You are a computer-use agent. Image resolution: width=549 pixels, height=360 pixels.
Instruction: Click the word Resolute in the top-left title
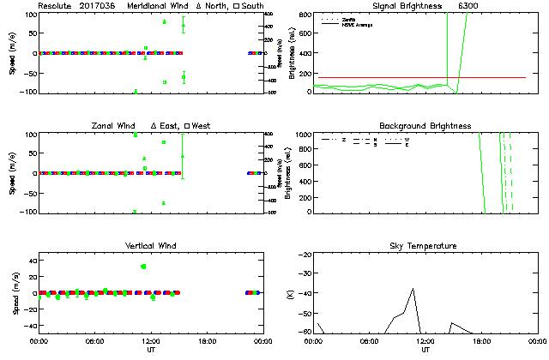54,5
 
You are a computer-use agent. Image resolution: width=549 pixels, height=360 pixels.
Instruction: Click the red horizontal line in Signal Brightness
386,77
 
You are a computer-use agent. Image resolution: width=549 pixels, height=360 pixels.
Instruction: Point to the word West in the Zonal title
202,126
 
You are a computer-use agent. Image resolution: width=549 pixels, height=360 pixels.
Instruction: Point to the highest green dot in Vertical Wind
143,267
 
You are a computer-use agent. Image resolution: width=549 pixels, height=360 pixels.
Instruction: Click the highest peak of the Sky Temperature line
413,289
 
